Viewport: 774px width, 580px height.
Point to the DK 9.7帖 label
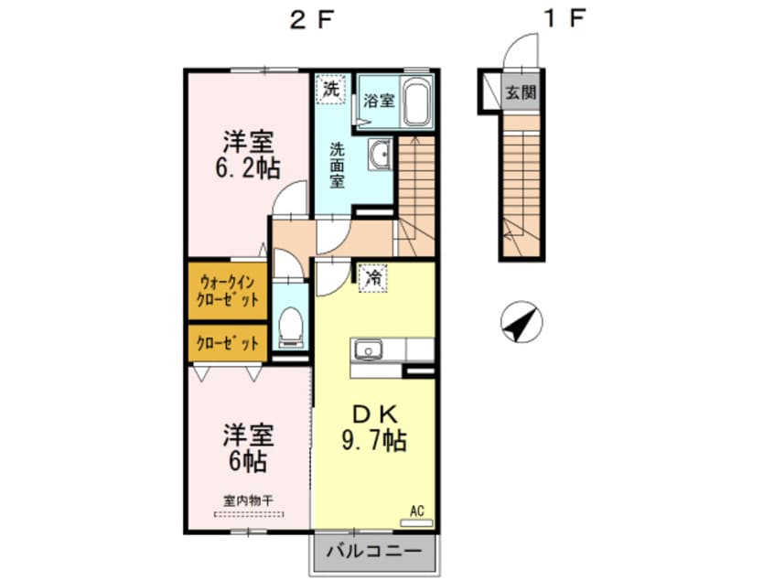pos(373,426)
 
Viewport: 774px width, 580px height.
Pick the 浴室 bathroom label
pos(380,100)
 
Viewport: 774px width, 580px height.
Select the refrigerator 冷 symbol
pos(372,278)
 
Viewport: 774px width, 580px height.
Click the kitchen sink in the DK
pos(368,349)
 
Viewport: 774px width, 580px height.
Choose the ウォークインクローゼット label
pos(228,292)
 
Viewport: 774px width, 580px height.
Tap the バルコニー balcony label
pos(373,553)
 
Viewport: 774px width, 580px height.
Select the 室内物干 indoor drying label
pos(248,500)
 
